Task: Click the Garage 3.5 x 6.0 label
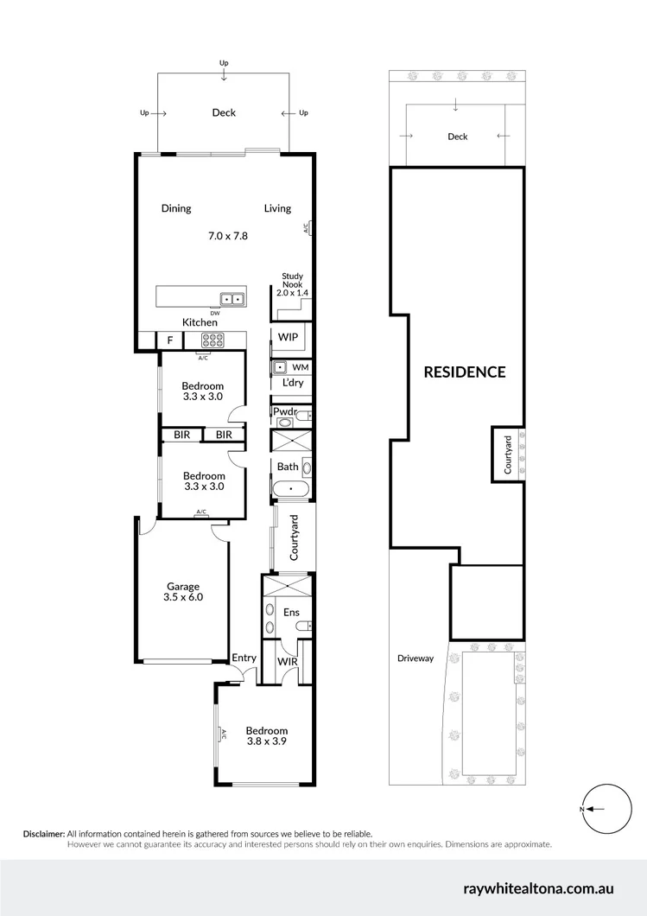(183, 592)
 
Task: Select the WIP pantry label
(289, 337)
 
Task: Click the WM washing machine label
(300, 367)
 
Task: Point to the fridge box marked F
(169, 340)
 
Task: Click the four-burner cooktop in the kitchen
(210, 340)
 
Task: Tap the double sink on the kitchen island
(232, 299)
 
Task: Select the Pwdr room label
(284, 413)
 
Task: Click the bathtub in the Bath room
(291, 490)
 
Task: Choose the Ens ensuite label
(291, 612)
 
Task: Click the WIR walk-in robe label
(288, 661)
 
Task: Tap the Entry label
(244, 658)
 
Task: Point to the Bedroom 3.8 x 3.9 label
(266, 736)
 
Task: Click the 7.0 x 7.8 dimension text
(228, 235)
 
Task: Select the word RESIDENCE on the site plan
(464, 372)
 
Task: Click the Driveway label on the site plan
(415, 658)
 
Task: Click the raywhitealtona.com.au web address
(550, 887)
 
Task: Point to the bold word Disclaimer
(43, 834)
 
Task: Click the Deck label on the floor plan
(224, 112)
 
